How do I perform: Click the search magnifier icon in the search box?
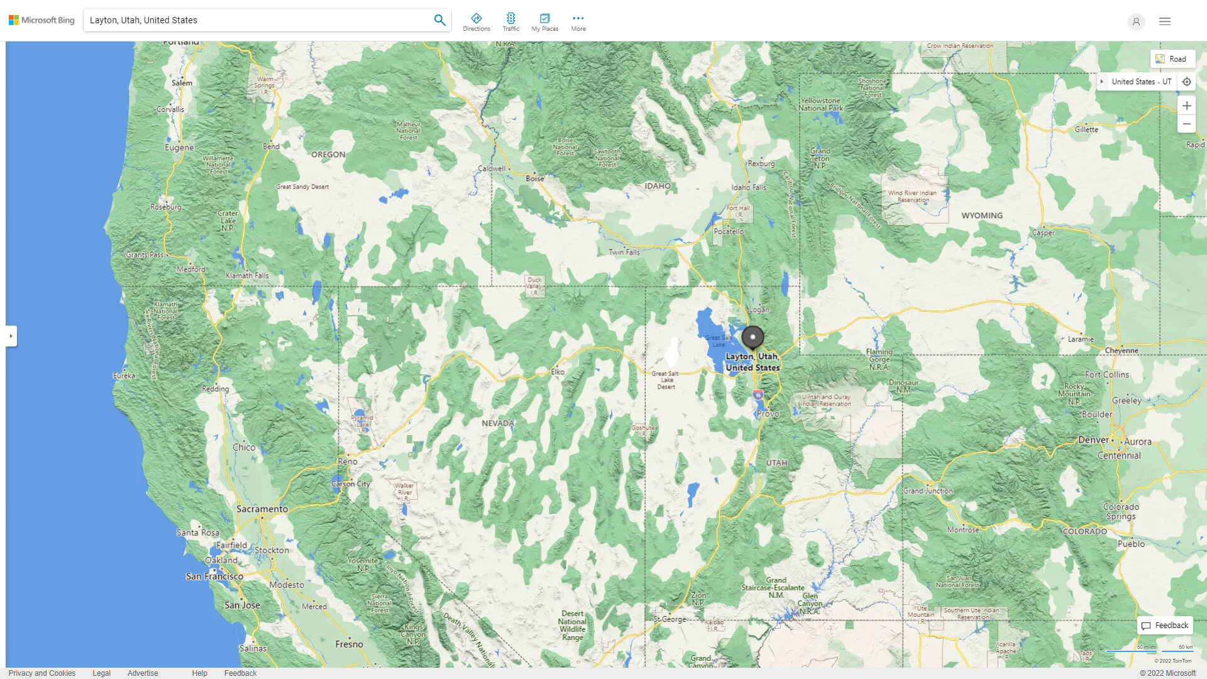439,20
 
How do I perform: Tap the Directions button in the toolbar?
477,22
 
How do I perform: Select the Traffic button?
510,22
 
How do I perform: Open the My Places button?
544,22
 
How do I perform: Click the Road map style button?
1172,59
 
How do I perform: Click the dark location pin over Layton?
752,337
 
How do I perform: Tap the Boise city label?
535,179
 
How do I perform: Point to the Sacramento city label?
262,509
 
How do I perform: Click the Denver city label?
1093,440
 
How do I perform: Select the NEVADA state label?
498,423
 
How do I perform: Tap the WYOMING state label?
982,216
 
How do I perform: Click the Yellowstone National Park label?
820,104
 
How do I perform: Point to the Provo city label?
768,414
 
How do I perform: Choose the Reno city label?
348,461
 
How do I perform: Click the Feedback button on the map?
1165,626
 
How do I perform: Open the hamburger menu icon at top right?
1165,21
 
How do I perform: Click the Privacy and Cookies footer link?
42,673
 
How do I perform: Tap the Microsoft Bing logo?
41,20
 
